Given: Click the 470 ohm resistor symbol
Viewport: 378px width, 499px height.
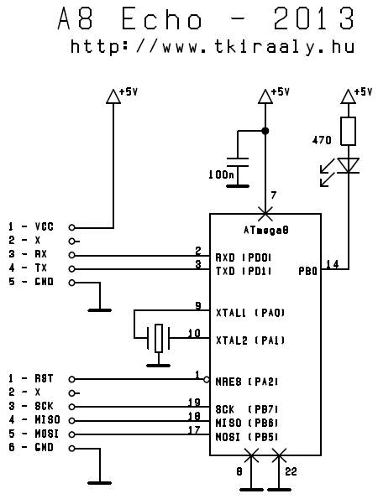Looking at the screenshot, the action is coord(348,131).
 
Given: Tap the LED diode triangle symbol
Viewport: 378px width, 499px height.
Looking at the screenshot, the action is coord(348,165).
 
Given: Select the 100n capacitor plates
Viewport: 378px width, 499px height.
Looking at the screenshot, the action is coord(238,162).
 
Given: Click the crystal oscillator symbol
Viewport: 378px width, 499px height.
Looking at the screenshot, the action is coord(159,338).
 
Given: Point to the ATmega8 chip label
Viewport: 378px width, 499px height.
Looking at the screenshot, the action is coord(266,230).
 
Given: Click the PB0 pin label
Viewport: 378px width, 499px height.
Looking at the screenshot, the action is coord(308,271).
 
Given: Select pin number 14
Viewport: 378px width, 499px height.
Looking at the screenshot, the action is coord(333,264).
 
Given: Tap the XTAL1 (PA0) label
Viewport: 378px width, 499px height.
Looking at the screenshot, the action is coord(250,313).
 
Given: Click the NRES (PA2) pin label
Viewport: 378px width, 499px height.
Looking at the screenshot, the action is coord(247,382).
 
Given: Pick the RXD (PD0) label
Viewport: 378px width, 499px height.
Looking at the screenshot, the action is coord(244,257).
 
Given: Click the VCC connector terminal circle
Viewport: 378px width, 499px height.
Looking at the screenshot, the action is coord(72,227).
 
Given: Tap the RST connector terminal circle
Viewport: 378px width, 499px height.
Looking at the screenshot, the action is coord(72,379).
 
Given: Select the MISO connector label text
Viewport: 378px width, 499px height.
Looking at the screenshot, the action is coord(47,420).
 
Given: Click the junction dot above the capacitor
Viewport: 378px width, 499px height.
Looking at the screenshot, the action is coord(265,131).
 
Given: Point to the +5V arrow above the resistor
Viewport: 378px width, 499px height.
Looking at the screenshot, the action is coord(348,96).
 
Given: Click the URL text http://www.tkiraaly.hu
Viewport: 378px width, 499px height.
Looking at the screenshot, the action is coord(213,47).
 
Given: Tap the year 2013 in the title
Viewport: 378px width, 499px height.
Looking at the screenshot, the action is coord(314,18).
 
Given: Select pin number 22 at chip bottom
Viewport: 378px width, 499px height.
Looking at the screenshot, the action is coord(291,471).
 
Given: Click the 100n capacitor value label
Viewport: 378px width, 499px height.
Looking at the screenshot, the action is coord(221,174).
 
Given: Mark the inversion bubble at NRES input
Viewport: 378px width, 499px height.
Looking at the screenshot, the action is coord(207,379).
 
